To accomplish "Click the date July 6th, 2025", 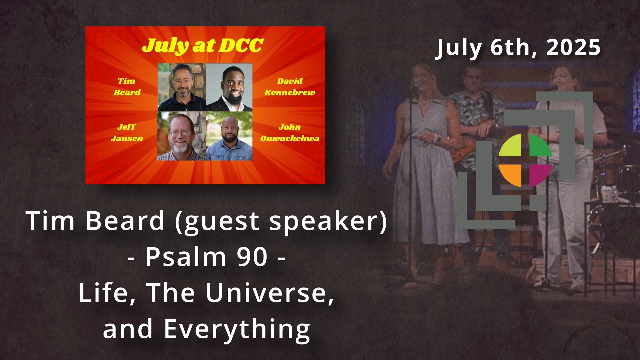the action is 518,48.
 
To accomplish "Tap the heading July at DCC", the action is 203,46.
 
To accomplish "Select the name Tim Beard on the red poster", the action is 127,87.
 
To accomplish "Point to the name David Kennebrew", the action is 290,87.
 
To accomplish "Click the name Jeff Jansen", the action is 127,133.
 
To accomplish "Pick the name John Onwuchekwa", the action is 290,133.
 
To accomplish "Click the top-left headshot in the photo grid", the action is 182,87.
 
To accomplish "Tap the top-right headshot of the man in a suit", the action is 229,87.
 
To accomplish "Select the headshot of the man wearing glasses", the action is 182,136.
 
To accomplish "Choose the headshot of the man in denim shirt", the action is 229,136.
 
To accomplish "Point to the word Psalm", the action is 186,257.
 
